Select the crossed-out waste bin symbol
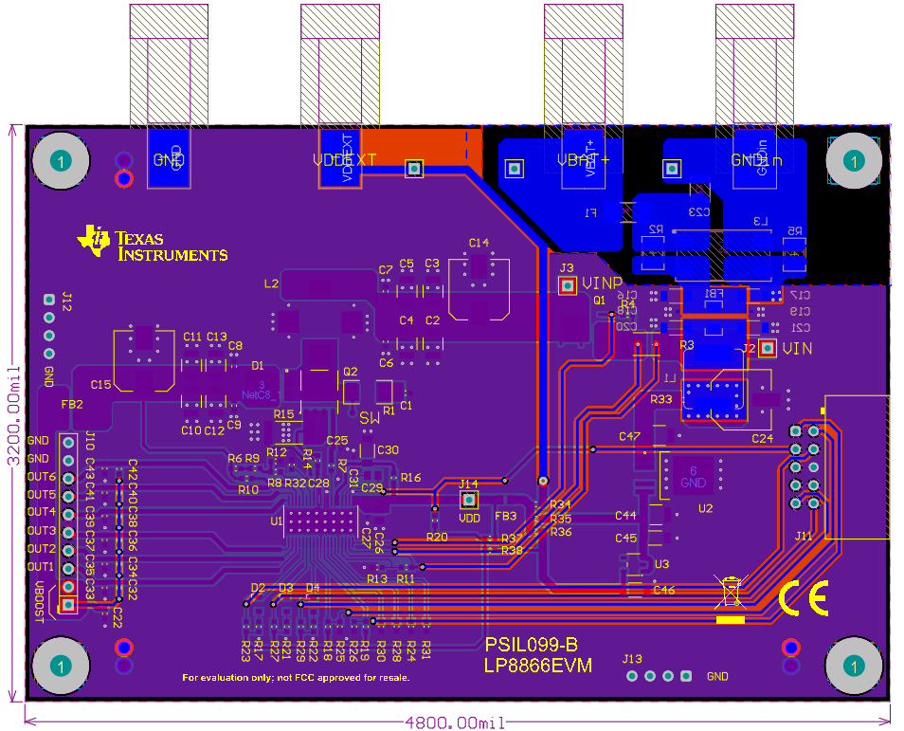coord(730,592)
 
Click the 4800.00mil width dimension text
coord(455,722)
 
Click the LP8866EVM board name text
coord(537,667)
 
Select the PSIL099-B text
coord(531,646)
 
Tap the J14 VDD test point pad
coord(469,500)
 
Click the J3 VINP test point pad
coord(568,284)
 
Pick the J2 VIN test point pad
coord(768,349)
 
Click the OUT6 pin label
coord(42,477)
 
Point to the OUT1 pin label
coord(42,567)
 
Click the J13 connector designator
coord(632,659)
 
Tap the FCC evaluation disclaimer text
coord(296,678)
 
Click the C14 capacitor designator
coord(479,243)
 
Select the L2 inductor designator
coord(272,283)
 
